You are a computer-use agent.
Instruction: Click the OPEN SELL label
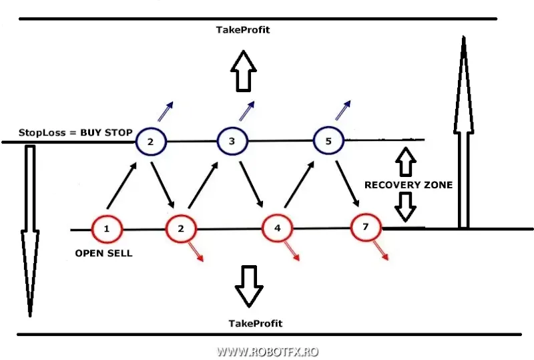103,253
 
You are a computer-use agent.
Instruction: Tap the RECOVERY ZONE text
409,185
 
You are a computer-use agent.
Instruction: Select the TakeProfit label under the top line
243,30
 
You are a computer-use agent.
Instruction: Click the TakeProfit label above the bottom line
256,323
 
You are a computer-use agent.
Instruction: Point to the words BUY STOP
106,132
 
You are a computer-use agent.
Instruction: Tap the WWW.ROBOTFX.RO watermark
268,351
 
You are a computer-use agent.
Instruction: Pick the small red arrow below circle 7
380,251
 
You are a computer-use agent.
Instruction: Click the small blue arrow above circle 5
343,110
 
